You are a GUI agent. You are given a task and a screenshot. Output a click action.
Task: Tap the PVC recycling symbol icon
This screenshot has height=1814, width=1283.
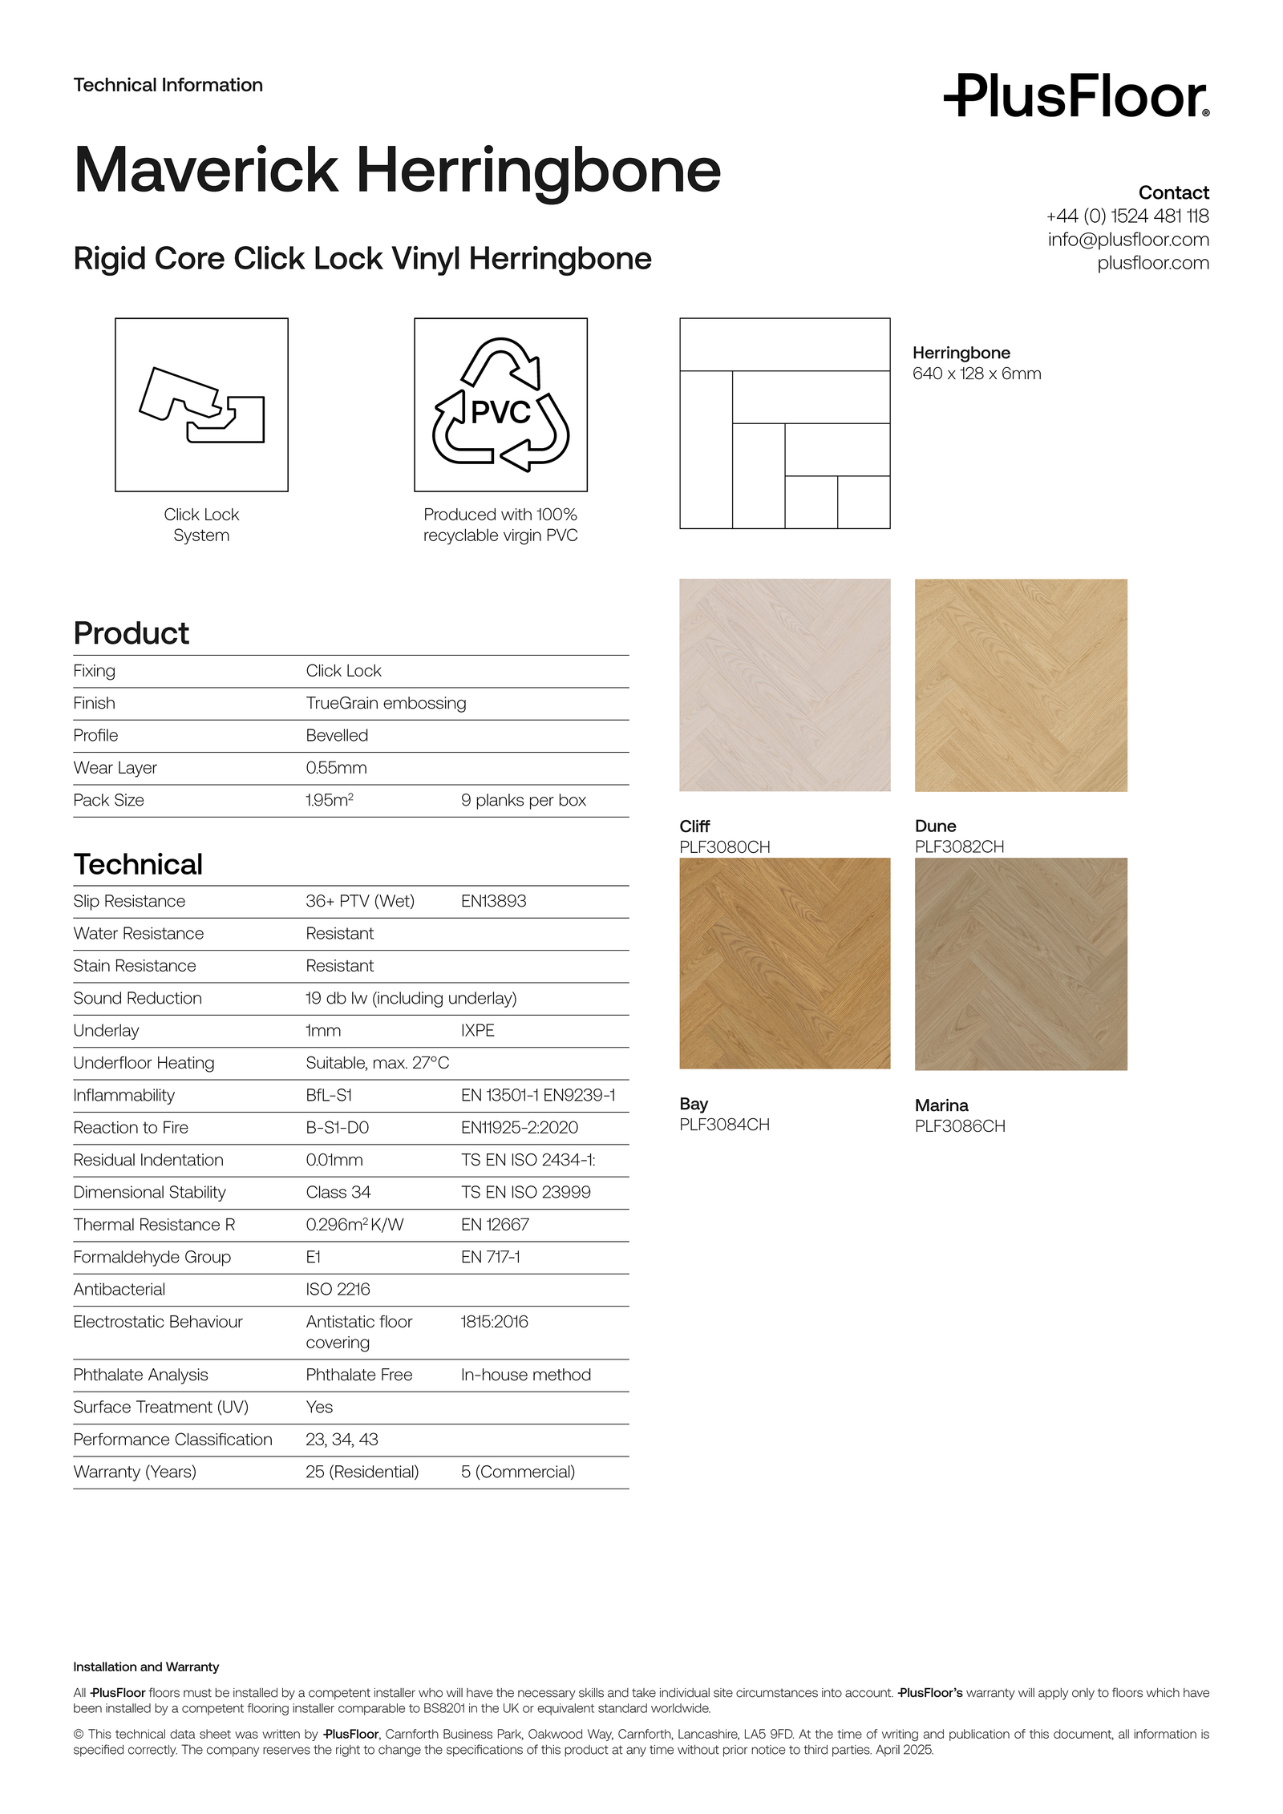click(x=500, y=405)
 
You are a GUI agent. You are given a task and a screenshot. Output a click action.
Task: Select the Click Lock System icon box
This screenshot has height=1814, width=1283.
click(x=201, y=405)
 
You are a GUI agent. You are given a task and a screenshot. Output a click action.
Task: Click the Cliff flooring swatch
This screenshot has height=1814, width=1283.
click(x=784, y=685)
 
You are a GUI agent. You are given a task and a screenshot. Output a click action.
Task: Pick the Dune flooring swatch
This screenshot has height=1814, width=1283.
click(x=1020, y=685)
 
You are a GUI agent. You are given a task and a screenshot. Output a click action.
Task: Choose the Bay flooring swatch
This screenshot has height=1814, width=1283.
click(x=784, y=963)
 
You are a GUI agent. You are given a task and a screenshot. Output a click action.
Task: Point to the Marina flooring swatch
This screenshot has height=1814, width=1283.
click(x=1020, y=964)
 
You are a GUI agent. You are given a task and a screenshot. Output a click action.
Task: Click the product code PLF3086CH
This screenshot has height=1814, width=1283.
click(x=959, y=1125)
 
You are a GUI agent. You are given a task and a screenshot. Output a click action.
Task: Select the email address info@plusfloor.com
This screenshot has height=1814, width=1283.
click(x=1127, y=240)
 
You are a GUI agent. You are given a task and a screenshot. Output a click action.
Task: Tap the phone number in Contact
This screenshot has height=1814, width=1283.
click(x=1127, y=216)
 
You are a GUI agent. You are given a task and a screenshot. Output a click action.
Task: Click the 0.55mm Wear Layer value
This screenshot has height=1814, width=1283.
click(x=336, y=768)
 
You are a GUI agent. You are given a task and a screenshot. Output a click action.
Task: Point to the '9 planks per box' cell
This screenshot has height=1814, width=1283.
click(x=523, y=800)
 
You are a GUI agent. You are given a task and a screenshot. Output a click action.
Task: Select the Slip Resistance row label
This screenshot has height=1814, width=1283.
click(x=129, y=901)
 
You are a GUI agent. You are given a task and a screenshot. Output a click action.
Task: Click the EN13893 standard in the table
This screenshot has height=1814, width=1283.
click(x=493, y=901)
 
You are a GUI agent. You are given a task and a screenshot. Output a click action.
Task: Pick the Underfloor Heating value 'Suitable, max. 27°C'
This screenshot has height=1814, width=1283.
click(x=377, y=1063)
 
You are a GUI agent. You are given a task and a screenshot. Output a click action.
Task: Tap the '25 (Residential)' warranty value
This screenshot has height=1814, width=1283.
click(x=362, y=1472)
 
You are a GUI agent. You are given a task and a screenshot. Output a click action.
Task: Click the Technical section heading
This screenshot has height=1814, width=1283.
click(x=138, y=864)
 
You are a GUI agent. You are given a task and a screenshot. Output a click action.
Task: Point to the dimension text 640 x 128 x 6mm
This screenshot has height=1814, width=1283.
click(x=976, y=374)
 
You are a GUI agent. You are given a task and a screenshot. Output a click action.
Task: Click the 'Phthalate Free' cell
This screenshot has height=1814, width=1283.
click(x=358, y=1375)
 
